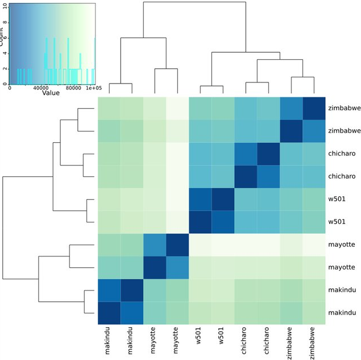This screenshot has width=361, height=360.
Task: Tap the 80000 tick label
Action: (67, 88)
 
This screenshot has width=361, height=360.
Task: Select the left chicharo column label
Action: (245, 342)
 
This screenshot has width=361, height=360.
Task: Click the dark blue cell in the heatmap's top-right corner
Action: (313, 108)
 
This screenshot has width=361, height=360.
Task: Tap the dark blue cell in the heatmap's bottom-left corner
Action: (109, 313)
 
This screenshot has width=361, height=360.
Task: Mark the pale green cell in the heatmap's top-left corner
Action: (109, 108)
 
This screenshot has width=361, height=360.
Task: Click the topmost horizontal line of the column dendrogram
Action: (194, 3)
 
